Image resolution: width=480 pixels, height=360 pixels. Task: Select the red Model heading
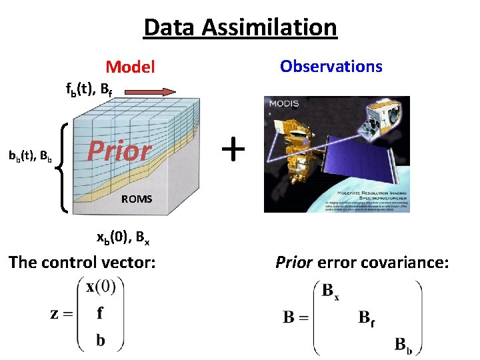pyautogui.click(x=131, y=67)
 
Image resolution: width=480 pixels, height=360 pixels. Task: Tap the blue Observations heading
pyautogui.click(x=331, y=66)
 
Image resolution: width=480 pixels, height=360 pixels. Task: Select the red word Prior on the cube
pyautogui.click(x=120, y=151)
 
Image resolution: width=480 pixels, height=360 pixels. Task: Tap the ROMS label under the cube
pyautogui.click(x=137, y=199)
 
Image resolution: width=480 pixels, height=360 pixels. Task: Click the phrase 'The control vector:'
pyautogui.click(x=82, y=262)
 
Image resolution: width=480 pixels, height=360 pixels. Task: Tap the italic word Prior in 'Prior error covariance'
pyautogui.click(x=294, y=262)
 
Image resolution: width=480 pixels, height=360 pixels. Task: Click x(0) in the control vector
pyautogui.click(x=101, y=287)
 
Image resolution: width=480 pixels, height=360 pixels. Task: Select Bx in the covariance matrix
pyautogui.click(x=331, y=291)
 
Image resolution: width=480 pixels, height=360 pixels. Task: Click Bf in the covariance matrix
pyautogui.click(x=367, y=317)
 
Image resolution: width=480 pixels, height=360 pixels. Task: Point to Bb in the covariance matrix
pyautogui.click(x=404, y=344)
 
